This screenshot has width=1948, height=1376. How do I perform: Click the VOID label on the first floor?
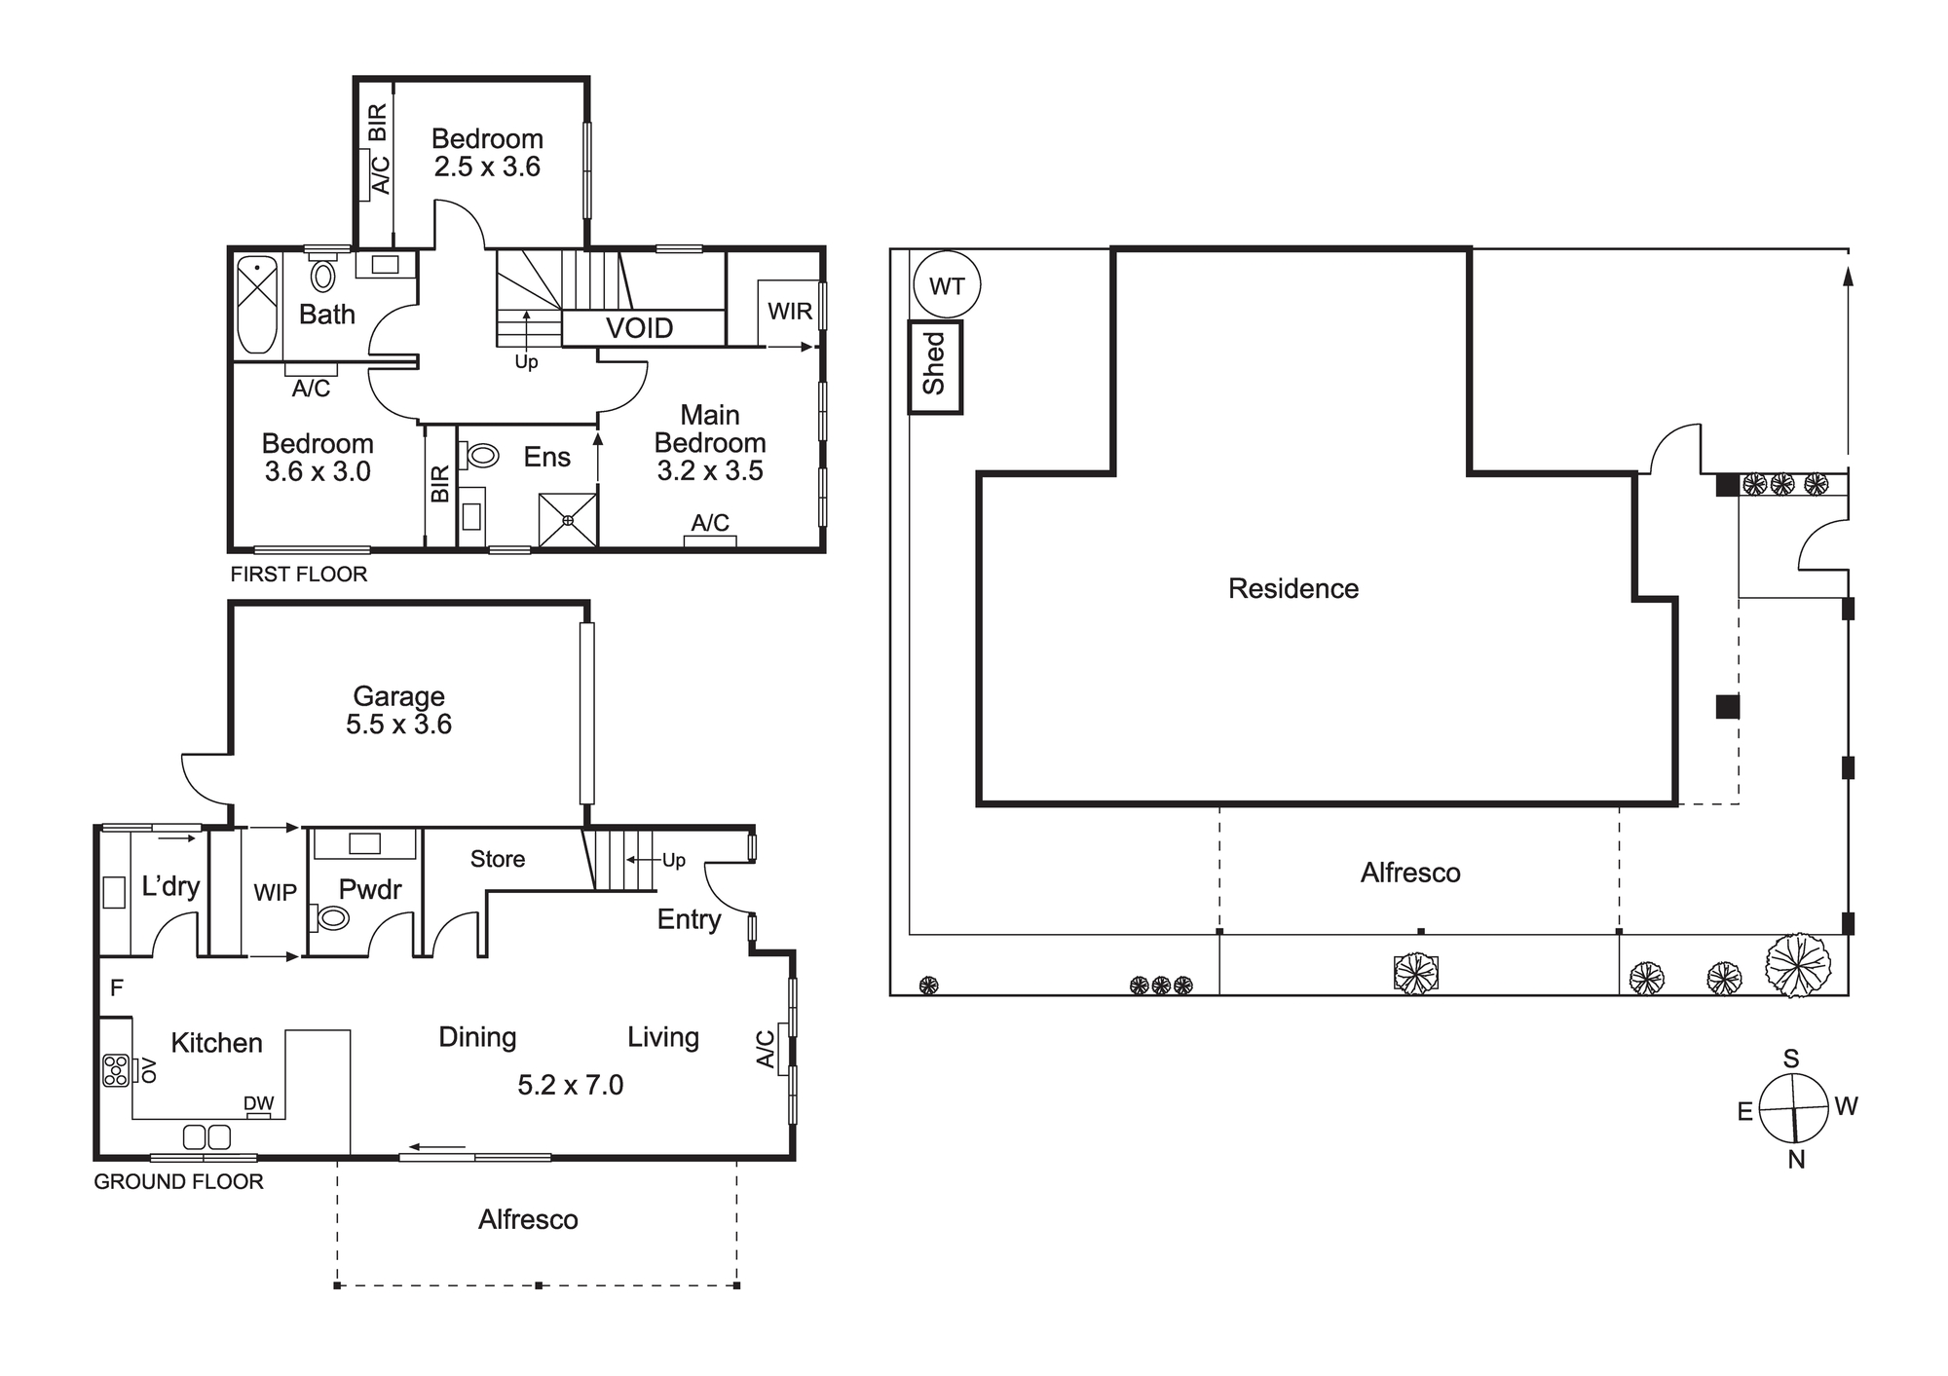(640, 328)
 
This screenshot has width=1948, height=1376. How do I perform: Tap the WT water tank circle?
(947, 286)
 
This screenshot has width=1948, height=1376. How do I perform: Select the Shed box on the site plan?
(935, 366)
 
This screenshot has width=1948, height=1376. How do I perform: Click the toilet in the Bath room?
(322, 275)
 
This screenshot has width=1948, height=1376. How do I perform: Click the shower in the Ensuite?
(568, 519)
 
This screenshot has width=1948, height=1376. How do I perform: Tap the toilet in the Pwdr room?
(331, 916)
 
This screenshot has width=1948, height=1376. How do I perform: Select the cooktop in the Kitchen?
(116, 1070)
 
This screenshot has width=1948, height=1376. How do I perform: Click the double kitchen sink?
(206, 1136)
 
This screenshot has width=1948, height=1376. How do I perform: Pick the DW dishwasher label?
(258, 1103)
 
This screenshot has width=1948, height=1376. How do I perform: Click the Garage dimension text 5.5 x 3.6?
(398, 725)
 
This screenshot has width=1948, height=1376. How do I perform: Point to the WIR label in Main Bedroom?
(790, 312)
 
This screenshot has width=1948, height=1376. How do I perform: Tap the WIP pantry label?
(275, 893)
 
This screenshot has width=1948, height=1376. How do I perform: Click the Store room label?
(498, 859)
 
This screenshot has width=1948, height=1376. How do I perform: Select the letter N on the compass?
(1797, 1160)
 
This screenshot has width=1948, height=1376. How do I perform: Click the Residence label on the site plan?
(1293, 588)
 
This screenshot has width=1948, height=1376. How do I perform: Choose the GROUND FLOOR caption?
(178, 1182)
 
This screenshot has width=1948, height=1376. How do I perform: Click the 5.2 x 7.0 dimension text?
(571, 1085)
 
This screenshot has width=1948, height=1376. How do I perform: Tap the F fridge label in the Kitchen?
(117, 988)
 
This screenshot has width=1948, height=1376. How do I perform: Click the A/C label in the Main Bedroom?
(710, 523)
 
